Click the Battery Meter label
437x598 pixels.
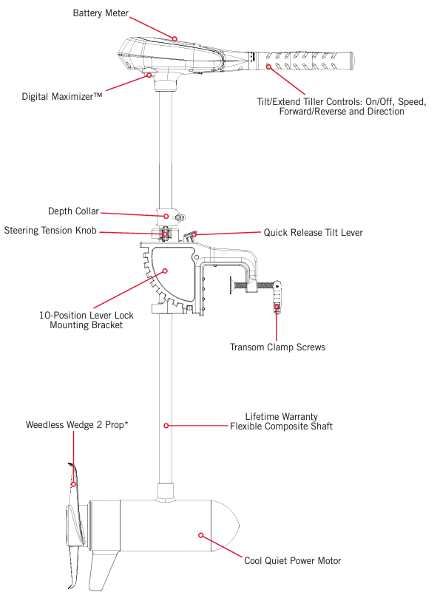[x=101, y=13]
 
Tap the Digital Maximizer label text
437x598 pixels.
[x=62, y=97]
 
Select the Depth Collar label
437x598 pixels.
[x=73, y=211]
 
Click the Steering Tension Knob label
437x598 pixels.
[x=50, y=231]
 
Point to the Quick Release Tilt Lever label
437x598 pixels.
[x=314, y=233]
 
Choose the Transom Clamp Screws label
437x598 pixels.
[x=277, y=347]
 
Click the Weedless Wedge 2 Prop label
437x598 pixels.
[x=77, y=425]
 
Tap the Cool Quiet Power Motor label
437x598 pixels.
[x=293, y=560]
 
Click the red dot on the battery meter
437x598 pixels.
[x=175, y=38]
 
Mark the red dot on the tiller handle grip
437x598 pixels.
[x=268, y=67]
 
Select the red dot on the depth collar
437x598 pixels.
[x=166, y=217]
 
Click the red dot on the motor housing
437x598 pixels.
[x=200, y=535]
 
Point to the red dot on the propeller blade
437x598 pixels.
[x=73, y=484]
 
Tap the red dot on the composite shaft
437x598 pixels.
[x=166, y=425]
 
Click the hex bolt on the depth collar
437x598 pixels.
[x=179, y=218]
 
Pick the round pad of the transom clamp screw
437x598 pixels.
[x=231, y=285]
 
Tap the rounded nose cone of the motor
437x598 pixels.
[x=226, y=526]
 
